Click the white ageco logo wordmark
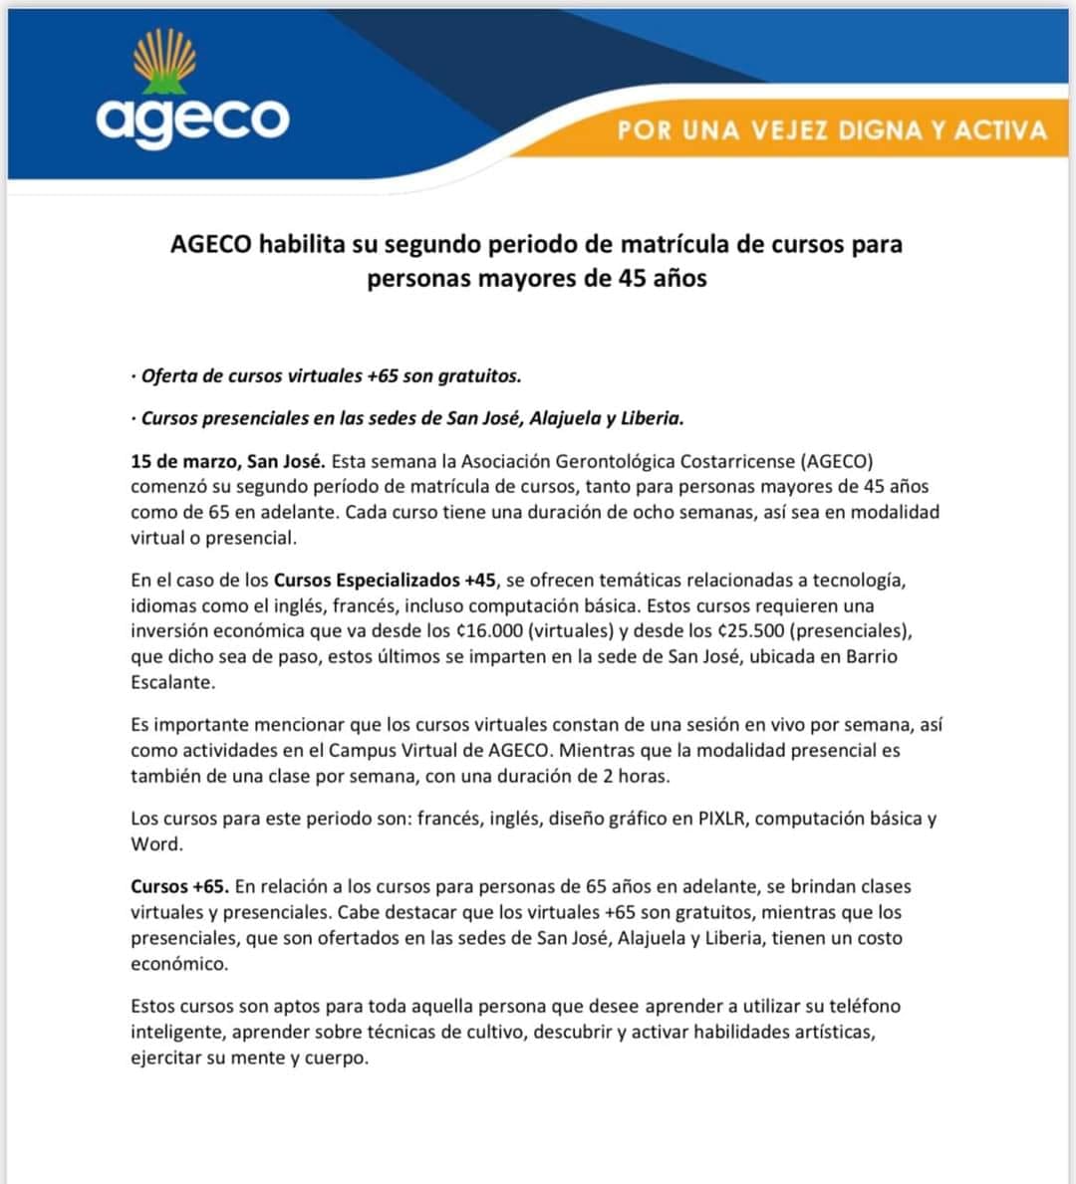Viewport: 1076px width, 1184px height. tap(192, 120)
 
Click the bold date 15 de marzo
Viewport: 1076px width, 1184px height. tap(188, 461)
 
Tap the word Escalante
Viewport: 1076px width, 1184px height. tap(170, 682)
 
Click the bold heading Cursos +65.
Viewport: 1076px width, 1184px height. tap(179, 886)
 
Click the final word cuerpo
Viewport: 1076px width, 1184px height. tap(338, 1058)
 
